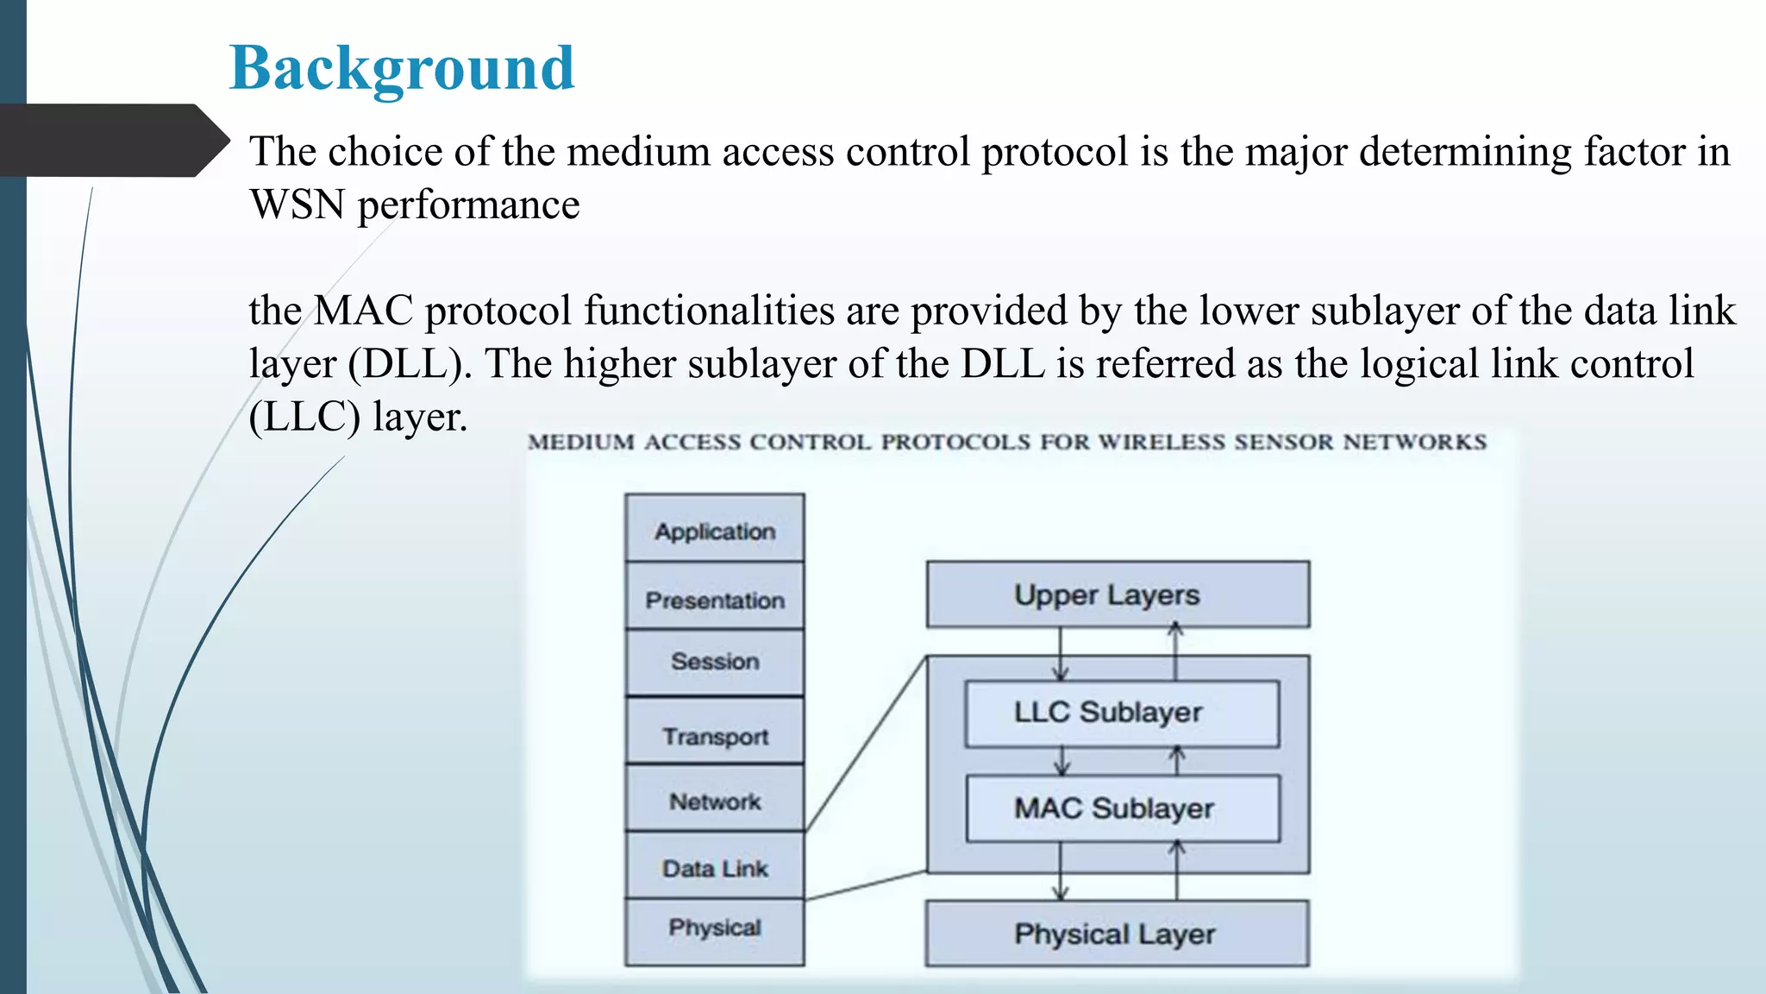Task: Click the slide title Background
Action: point(402,68)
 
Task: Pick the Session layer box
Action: point(715,662)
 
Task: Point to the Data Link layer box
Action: point(715,866)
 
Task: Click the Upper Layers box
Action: point(1118,595)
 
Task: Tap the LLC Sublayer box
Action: point(1122,714)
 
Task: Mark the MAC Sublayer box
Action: point(1123,808)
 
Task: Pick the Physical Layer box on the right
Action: point(1117,934)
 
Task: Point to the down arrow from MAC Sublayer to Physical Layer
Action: point(1061,871)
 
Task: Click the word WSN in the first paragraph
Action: point(297,205)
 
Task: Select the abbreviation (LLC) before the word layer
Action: point(304,418)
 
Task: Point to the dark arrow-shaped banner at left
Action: point(108,141)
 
